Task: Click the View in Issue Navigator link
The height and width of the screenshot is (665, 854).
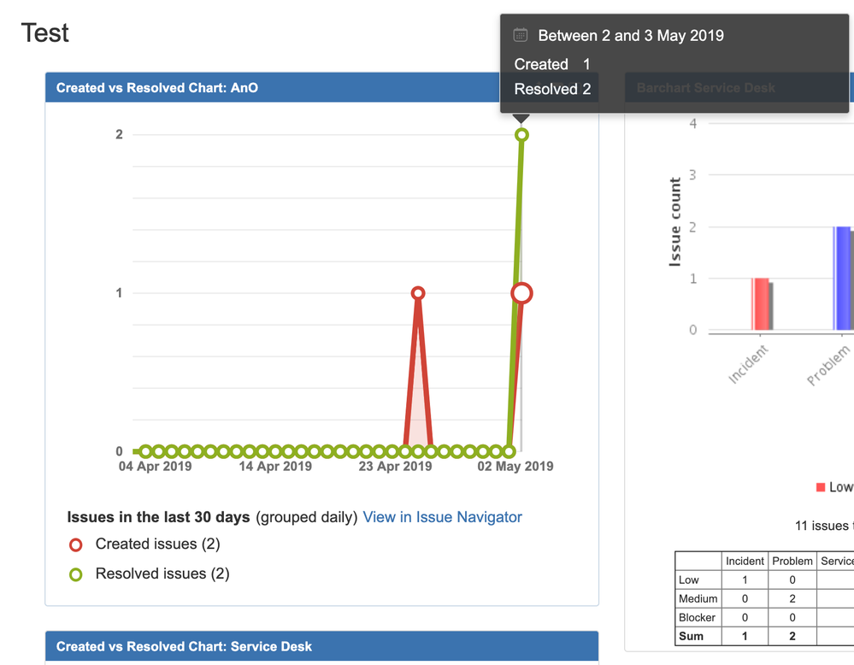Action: (x=442, y=517)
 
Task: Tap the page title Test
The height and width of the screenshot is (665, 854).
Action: (x=45, y=33)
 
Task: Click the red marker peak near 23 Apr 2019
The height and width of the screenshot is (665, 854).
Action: (x=418, y=293)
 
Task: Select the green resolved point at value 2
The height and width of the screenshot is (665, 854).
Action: (x=521, y=135)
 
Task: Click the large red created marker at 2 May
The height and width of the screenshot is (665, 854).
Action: (x=521, y=293)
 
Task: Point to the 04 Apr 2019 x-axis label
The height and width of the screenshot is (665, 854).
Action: (x=155, y=467)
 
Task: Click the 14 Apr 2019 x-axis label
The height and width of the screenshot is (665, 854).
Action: (x=275, y=467)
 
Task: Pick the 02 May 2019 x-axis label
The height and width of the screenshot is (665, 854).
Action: (x=515, y=467)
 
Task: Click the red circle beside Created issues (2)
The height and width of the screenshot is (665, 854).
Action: (x=76, y=544)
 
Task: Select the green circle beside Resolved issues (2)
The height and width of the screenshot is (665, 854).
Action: (x=76, y=574)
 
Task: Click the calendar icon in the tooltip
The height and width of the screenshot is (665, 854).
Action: (x=520, y=35)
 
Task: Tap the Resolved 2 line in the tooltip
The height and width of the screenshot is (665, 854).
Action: (x=552, y=89)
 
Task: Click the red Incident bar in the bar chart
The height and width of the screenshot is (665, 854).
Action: (x=760, y=304)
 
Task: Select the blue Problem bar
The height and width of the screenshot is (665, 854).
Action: (x=842, y=279)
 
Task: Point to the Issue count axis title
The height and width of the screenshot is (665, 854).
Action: (x=675, y=222)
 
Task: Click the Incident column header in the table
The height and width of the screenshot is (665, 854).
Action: (x=745, y=561)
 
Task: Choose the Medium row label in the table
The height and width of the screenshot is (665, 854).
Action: (x=698, y=598)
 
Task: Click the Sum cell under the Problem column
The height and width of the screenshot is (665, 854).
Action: (x=792, y=636)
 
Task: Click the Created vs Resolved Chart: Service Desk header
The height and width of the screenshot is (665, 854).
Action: (x=184, y=647)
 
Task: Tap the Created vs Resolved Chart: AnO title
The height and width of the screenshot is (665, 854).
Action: (x=157, y=88)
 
